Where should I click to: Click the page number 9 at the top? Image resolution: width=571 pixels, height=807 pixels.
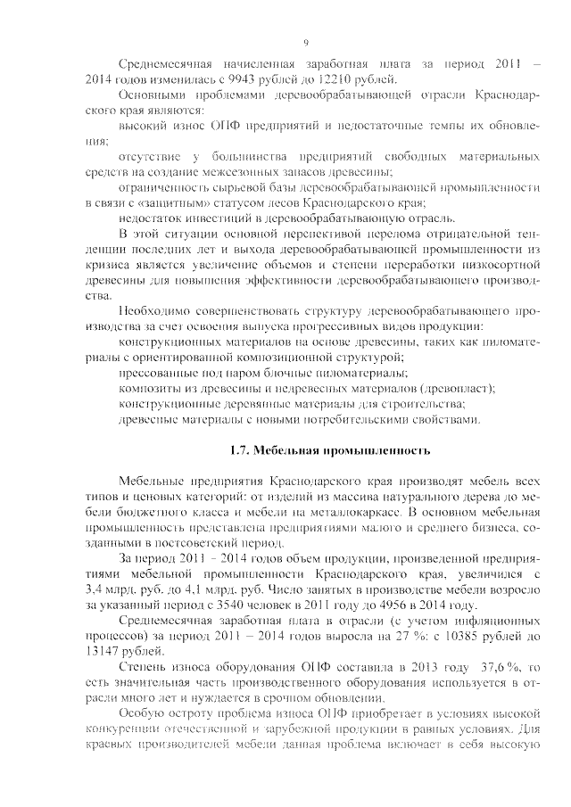tap(305, 42)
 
